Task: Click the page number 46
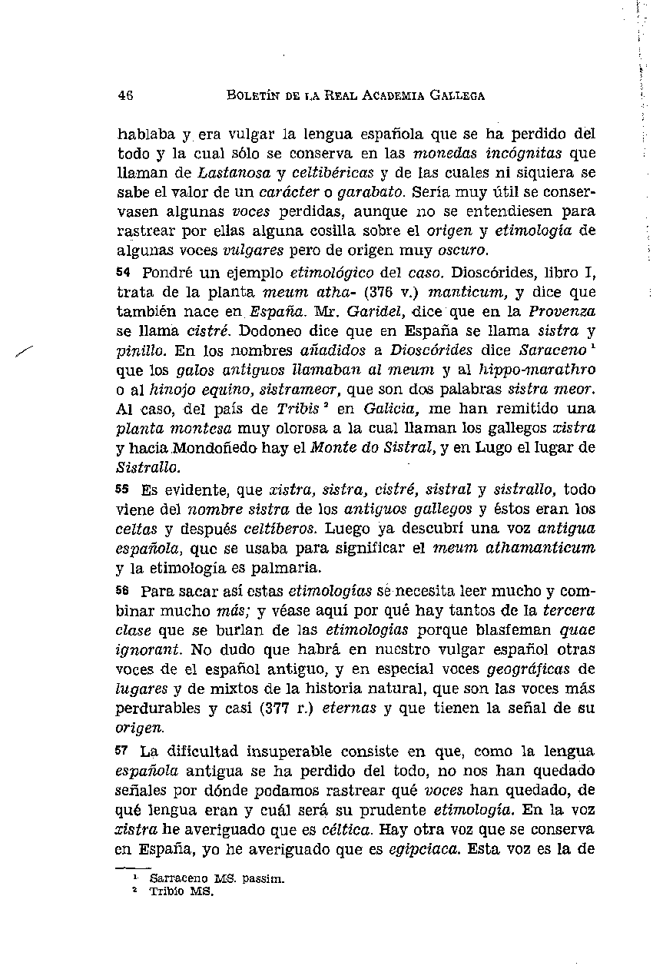(x=126, y=96)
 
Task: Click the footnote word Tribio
(x=164, y=892)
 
